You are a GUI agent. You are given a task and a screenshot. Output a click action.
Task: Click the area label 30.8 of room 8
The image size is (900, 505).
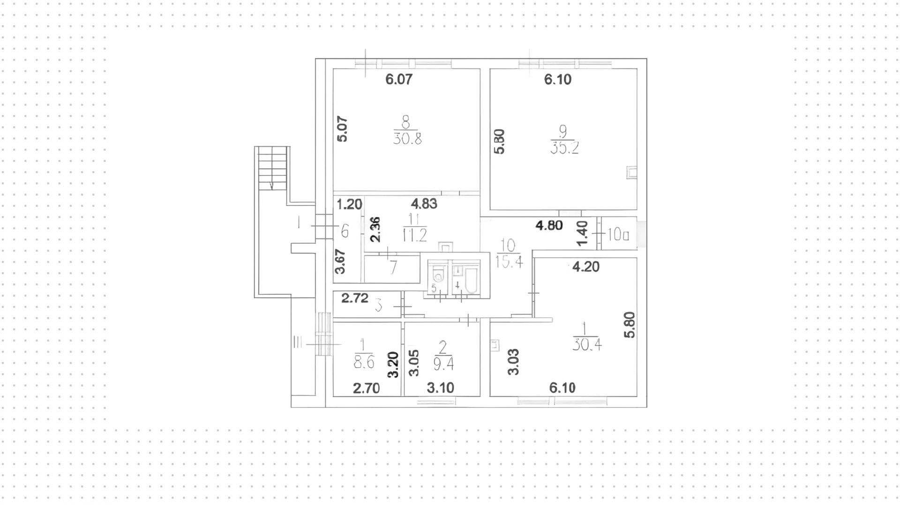coord(407,139)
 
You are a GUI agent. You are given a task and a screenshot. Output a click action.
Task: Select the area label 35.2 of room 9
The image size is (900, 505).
coord(565,148)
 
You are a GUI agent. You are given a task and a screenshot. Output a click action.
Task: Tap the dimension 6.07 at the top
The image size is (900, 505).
coord(399,79)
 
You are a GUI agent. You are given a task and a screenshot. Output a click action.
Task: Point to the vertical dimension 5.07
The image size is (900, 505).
coord(343,129)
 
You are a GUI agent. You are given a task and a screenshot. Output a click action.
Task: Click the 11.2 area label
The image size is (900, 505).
coord(415,235)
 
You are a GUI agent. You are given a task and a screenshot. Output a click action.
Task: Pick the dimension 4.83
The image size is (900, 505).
coord(424,203)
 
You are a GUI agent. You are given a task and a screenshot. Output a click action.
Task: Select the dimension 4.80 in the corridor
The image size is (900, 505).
coord(549,225)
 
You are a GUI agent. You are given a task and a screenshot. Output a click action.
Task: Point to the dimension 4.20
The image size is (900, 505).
coord(586,267)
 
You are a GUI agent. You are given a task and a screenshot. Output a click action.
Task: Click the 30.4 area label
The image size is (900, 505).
coord(587,345)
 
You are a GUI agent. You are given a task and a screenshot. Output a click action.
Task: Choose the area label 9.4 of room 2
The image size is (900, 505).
coord(443,364)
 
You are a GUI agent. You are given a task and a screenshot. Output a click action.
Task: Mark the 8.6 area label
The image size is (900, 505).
coord(364,362)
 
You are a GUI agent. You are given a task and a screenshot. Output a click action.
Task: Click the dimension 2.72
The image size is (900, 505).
coord(354,298)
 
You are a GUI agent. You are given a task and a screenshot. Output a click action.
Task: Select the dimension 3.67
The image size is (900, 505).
coord(341,261)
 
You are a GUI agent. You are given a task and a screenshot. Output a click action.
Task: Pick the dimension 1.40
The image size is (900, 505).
coord(582,233)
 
